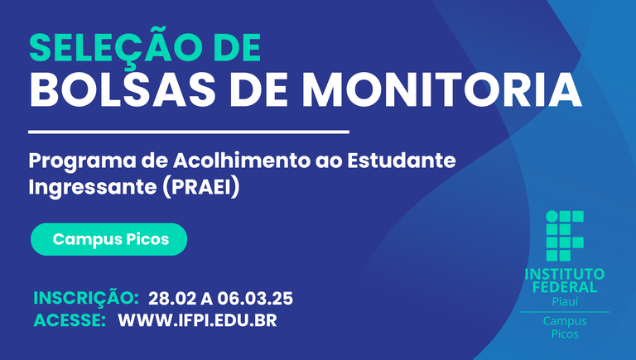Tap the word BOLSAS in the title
123,90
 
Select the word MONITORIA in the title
442,90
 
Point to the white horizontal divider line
189,132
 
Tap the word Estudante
401,161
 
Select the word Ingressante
93,188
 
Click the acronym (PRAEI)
200,187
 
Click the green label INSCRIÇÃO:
86,298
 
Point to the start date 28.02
172,299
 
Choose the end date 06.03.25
255,299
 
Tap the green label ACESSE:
70,320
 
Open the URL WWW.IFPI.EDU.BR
198,320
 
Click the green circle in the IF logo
552,217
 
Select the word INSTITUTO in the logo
565,274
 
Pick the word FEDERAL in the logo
565,287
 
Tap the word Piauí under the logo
565,301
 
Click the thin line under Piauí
565,312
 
